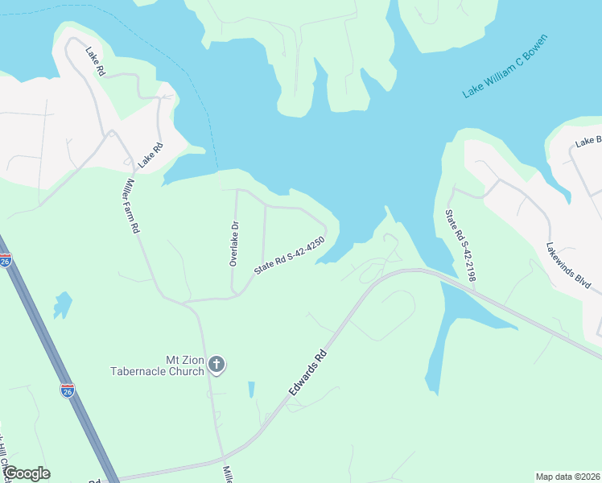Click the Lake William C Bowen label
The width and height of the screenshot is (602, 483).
pos(505,66)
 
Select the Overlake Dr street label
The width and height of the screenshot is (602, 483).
pos(234,243)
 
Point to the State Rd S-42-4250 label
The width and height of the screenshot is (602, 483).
pos(289,256)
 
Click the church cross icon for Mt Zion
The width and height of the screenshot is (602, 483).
pos(216,365)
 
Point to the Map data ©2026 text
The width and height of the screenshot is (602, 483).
pos(567,477)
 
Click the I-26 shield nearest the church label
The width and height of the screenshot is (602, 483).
pos(68,390)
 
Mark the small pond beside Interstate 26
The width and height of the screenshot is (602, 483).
pos(62,304)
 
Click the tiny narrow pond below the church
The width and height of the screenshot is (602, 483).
pos(251,390)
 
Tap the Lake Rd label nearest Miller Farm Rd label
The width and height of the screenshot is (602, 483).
pos(150,155)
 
